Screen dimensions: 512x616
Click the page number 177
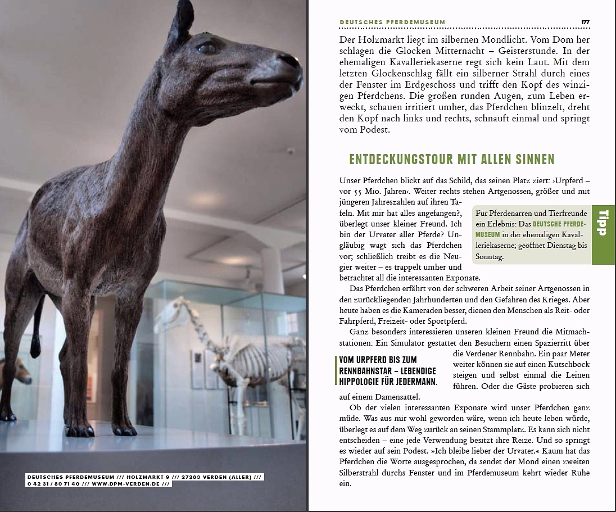coord(585,22)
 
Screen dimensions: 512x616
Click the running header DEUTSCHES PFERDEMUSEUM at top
coord(392,22)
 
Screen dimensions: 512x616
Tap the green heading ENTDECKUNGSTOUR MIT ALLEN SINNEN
coord(452,159)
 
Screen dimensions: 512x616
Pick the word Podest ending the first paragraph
coord(372,129)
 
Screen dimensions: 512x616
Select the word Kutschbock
coord(564,364)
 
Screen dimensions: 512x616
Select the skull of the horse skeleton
coord(170,315)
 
